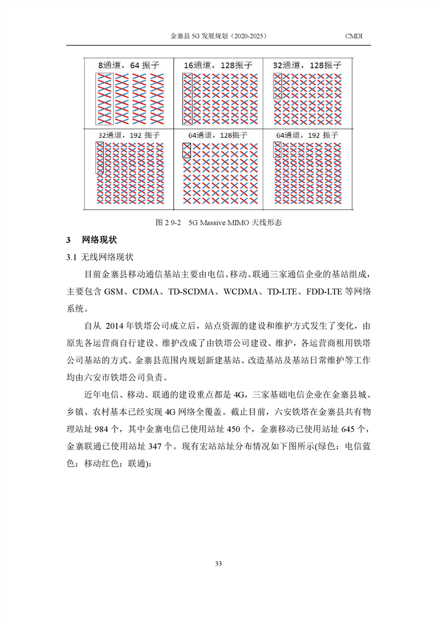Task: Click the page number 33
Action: tap(218, 563)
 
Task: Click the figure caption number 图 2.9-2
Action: tap(169, 223)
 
